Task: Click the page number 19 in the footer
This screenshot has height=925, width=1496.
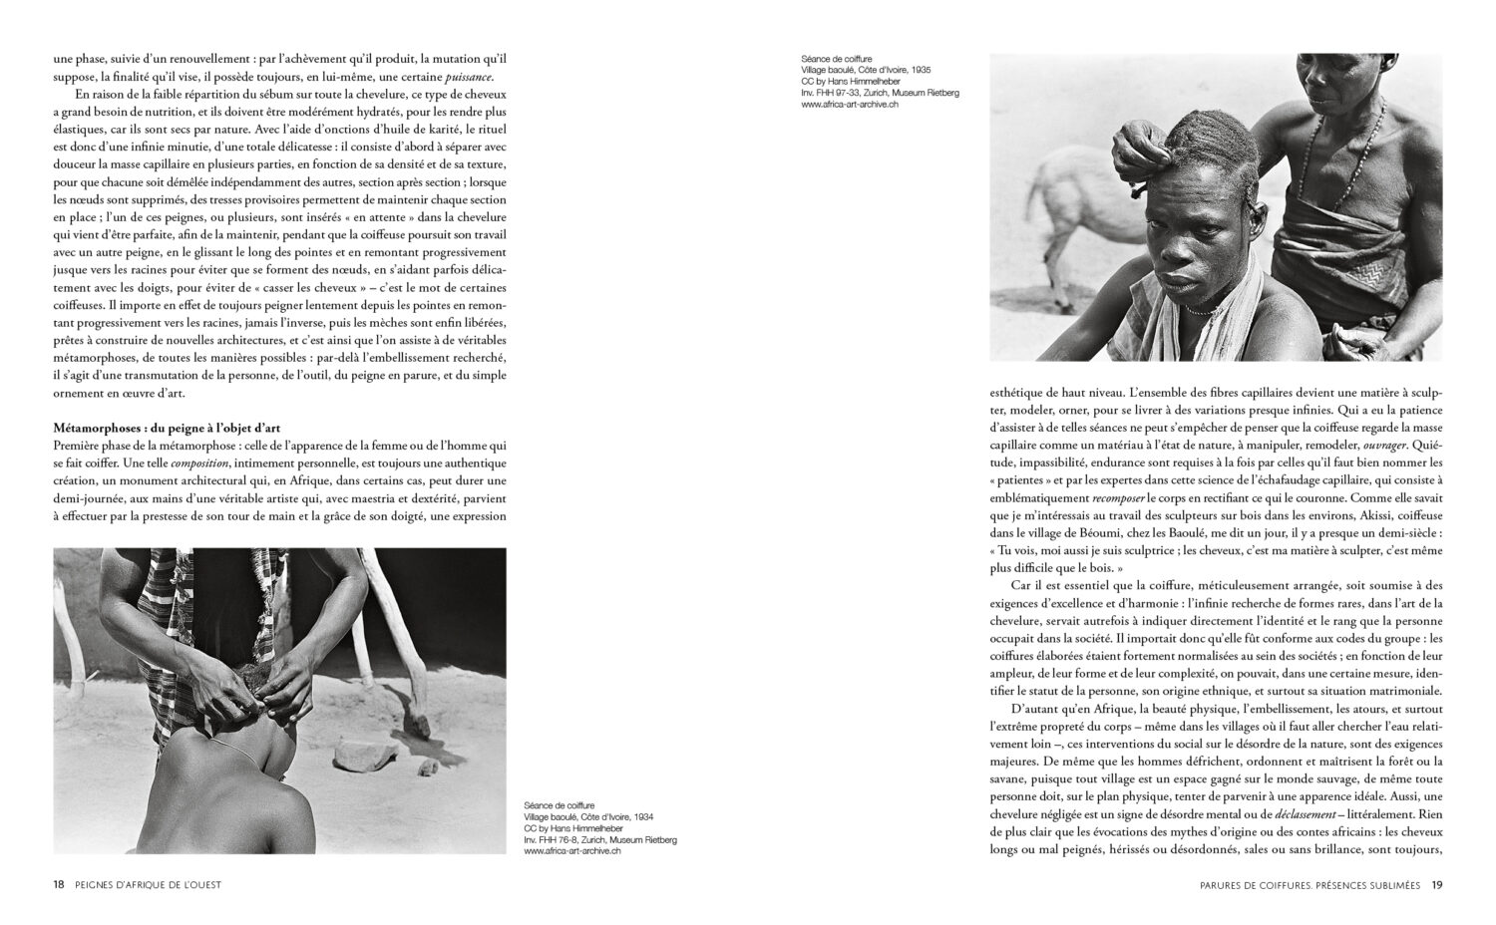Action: pos(1436,884)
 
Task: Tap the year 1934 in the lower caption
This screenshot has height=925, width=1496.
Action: pos(640,816)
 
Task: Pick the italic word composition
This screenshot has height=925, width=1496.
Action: pos(198,463)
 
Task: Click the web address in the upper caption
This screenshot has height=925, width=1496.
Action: pos(850,104)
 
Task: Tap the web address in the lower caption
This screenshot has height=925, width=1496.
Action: pos(572,851)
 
